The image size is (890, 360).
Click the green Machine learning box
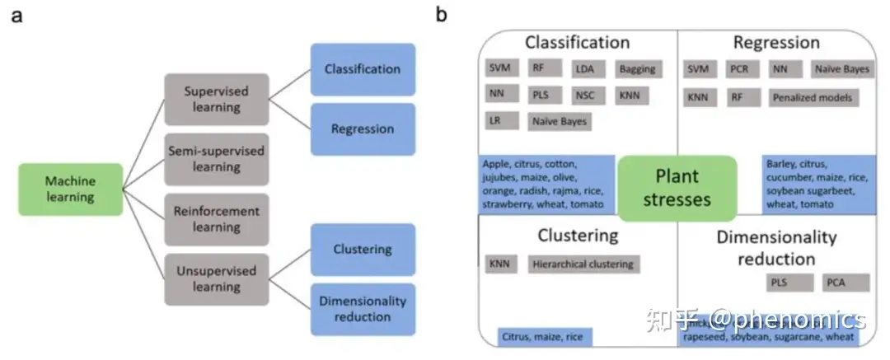click(70, 189)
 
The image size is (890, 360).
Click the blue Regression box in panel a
click(363, 129)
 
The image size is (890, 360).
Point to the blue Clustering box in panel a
click(363, 249)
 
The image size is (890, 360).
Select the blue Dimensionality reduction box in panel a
click(363, 309)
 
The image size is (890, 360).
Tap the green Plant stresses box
click(677, 187)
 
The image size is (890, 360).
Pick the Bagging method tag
click(637, 69)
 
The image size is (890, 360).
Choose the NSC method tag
click(584, 95)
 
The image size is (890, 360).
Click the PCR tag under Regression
click(738, 69)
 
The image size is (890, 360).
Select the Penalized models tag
click(813, 97)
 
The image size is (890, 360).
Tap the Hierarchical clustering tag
click(583, 264)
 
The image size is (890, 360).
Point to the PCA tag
click(846, 283)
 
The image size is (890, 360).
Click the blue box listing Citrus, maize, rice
click(545, 336)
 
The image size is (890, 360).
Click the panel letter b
click(442, 16)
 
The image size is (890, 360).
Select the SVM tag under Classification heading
click(499, 69)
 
